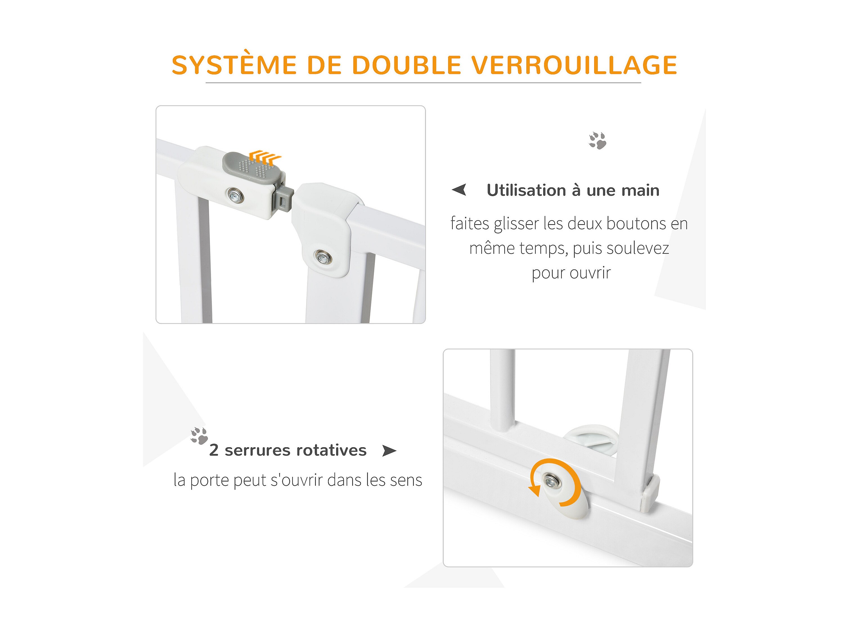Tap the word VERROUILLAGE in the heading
[574, 65]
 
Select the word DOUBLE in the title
[406, 65]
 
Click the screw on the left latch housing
[235, 195]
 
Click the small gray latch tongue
[283, 198]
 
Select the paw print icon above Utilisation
[597, 141]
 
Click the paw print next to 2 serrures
[199, 435]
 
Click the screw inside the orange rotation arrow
[552, 480]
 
